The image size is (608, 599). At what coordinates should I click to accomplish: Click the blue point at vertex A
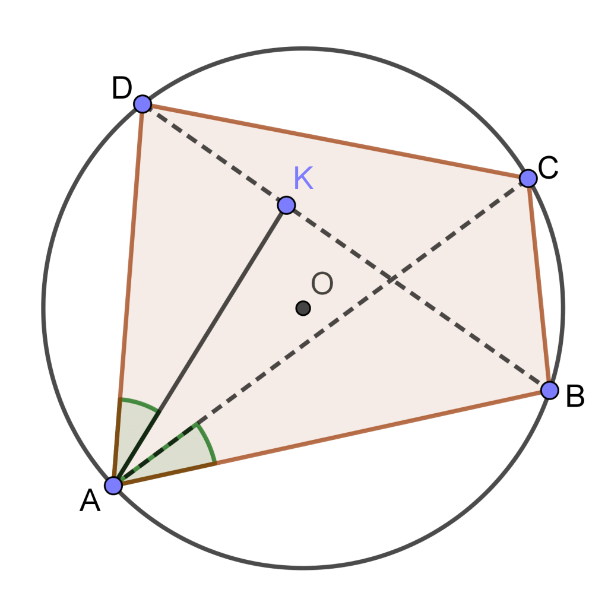[x=113, y=486]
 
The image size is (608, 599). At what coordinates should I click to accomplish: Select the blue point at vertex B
[x=549, y=390]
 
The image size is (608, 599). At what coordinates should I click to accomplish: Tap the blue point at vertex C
[x=528, y=178]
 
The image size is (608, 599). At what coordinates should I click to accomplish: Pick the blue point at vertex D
[x=142, y=104]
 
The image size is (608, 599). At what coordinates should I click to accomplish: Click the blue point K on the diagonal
[x=286, y=205]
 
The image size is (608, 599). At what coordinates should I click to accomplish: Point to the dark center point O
[x=303, y=308]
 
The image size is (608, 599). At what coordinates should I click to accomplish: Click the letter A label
[x=90, y=500]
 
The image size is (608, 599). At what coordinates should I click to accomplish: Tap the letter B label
[x=575, y=396]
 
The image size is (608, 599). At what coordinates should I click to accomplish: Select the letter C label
[x=548, y=168]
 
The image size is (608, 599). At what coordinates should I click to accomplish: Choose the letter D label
[x=122, y=88]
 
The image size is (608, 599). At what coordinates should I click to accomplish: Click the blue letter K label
[x=303, y=178]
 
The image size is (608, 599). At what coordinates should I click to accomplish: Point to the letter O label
[x=322, y=283]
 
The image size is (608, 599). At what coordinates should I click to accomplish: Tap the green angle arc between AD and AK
[x=140, y=402]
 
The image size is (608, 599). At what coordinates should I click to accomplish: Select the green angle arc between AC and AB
[x=208, y=442]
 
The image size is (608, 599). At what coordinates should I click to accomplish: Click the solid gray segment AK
[x=199, y=345]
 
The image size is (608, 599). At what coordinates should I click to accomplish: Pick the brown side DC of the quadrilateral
[x=335, y=141]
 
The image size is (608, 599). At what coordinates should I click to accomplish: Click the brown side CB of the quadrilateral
[x=539, y=284]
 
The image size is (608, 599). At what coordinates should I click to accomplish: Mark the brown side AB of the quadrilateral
[x=331, y=438]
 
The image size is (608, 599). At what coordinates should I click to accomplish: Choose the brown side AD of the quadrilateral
[x=128, y=294]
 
